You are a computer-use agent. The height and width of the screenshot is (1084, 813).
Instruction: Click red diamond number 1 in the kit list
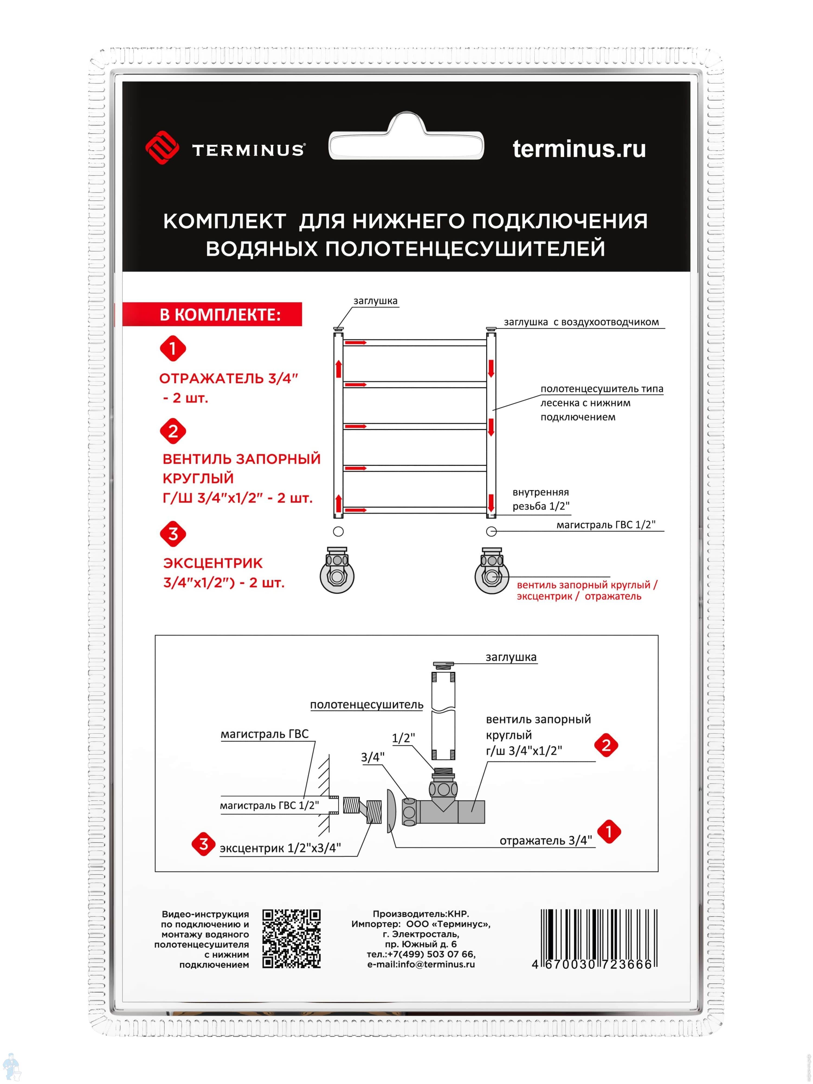pos(173,349)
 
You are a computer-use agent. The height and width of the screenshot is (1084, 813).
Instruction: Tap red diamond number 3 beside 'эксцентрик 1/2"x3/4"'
pos(203,844)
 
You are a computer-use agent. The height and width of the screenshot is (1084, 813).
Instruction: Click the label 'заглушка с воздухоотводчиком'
pos(581,322)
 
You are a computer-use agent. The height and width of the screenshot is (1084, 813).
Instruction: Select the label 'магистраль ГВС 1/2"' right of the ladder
pos(606,525)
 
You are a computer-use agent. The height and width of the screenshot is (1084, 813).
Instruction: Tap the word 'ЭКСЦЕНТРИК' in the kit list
pos(213,563)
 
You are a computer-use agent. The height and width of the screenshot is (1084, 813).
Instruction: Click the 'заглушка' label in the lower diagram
pos(511,657)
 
